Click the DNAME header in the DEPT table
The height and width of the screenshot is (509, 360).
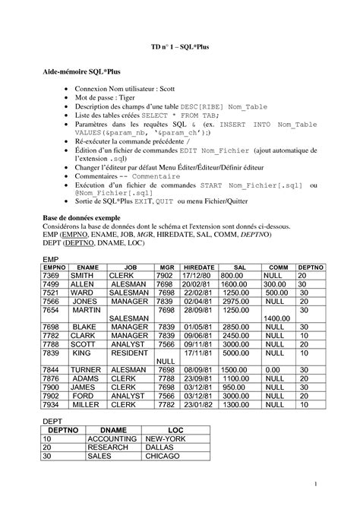pyautogui.click(x=113, y=430)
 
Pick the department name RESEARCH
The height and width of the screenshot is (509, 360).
pyautogui.click(x=112, y=447)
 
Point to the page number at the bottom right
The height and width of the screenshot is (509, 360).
pyautogui.click(x=315, y=484)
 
